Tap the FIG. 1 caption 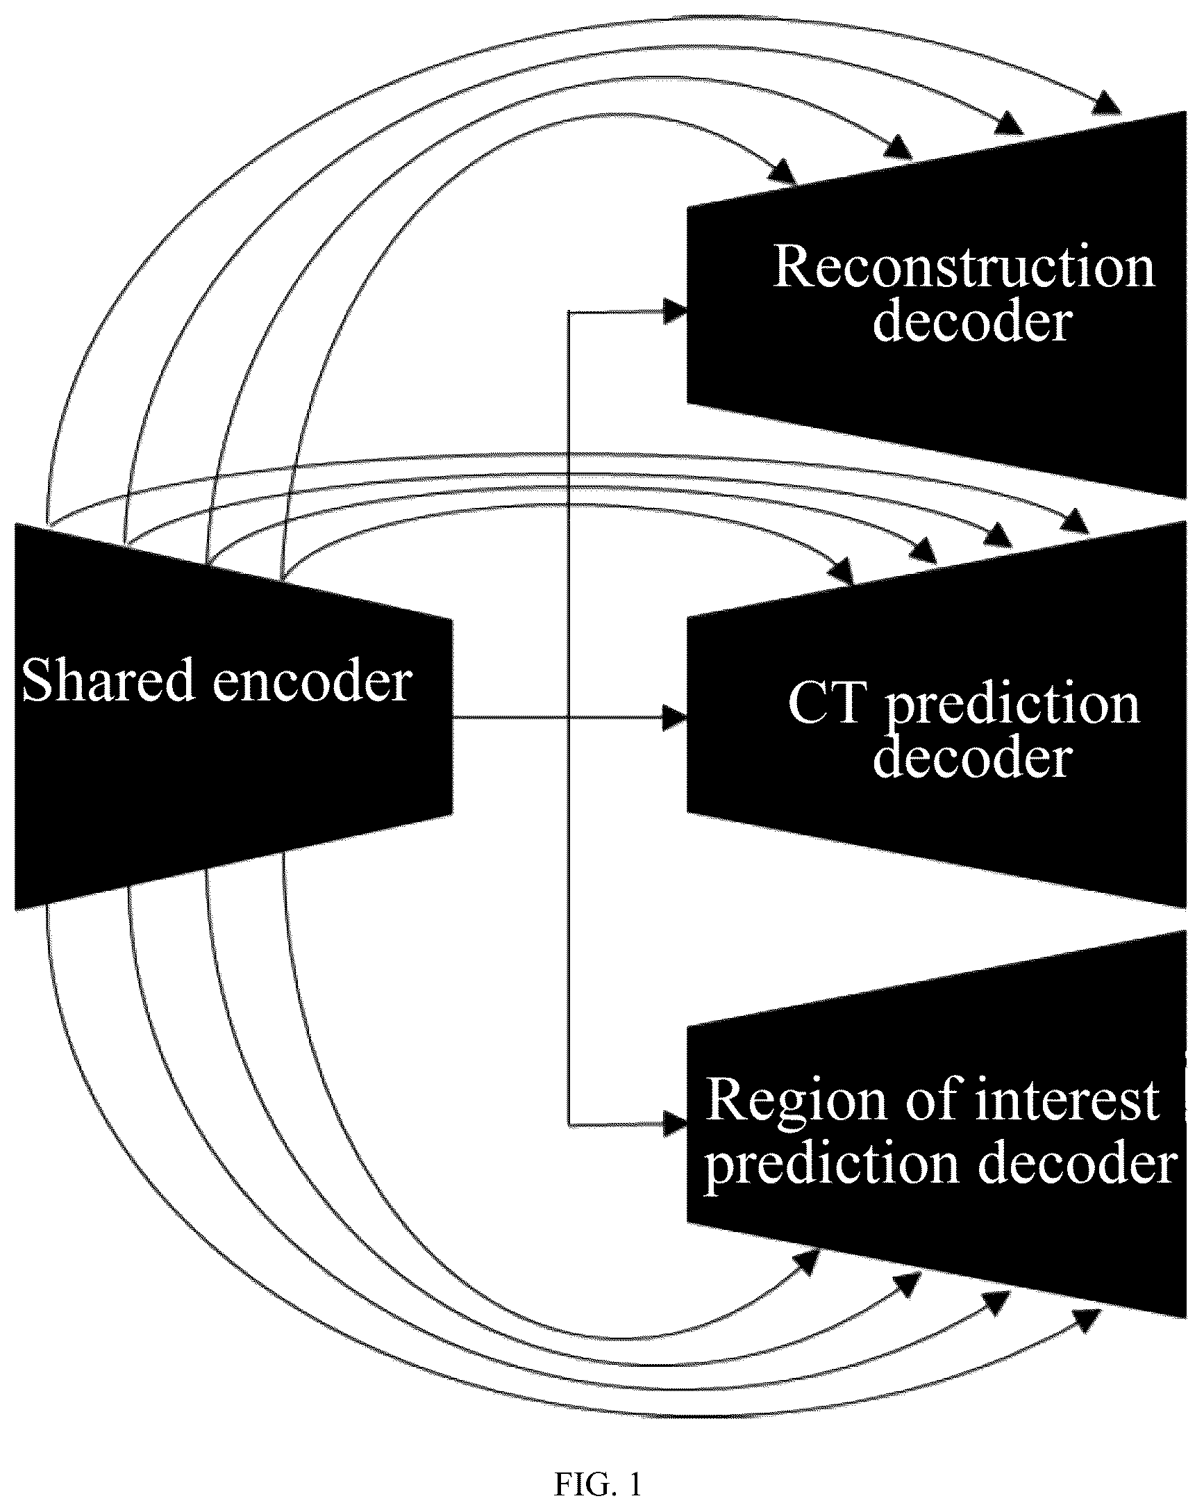[x=598, y=1484]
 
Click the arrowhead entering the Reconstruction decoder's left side [x=675, y=312]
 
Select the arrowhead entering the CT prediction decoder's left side [x=675, y=718]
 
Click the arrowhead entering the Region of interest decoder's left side [x=675, y=1125]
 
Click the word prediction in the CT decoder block [x=1013, y=706]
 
